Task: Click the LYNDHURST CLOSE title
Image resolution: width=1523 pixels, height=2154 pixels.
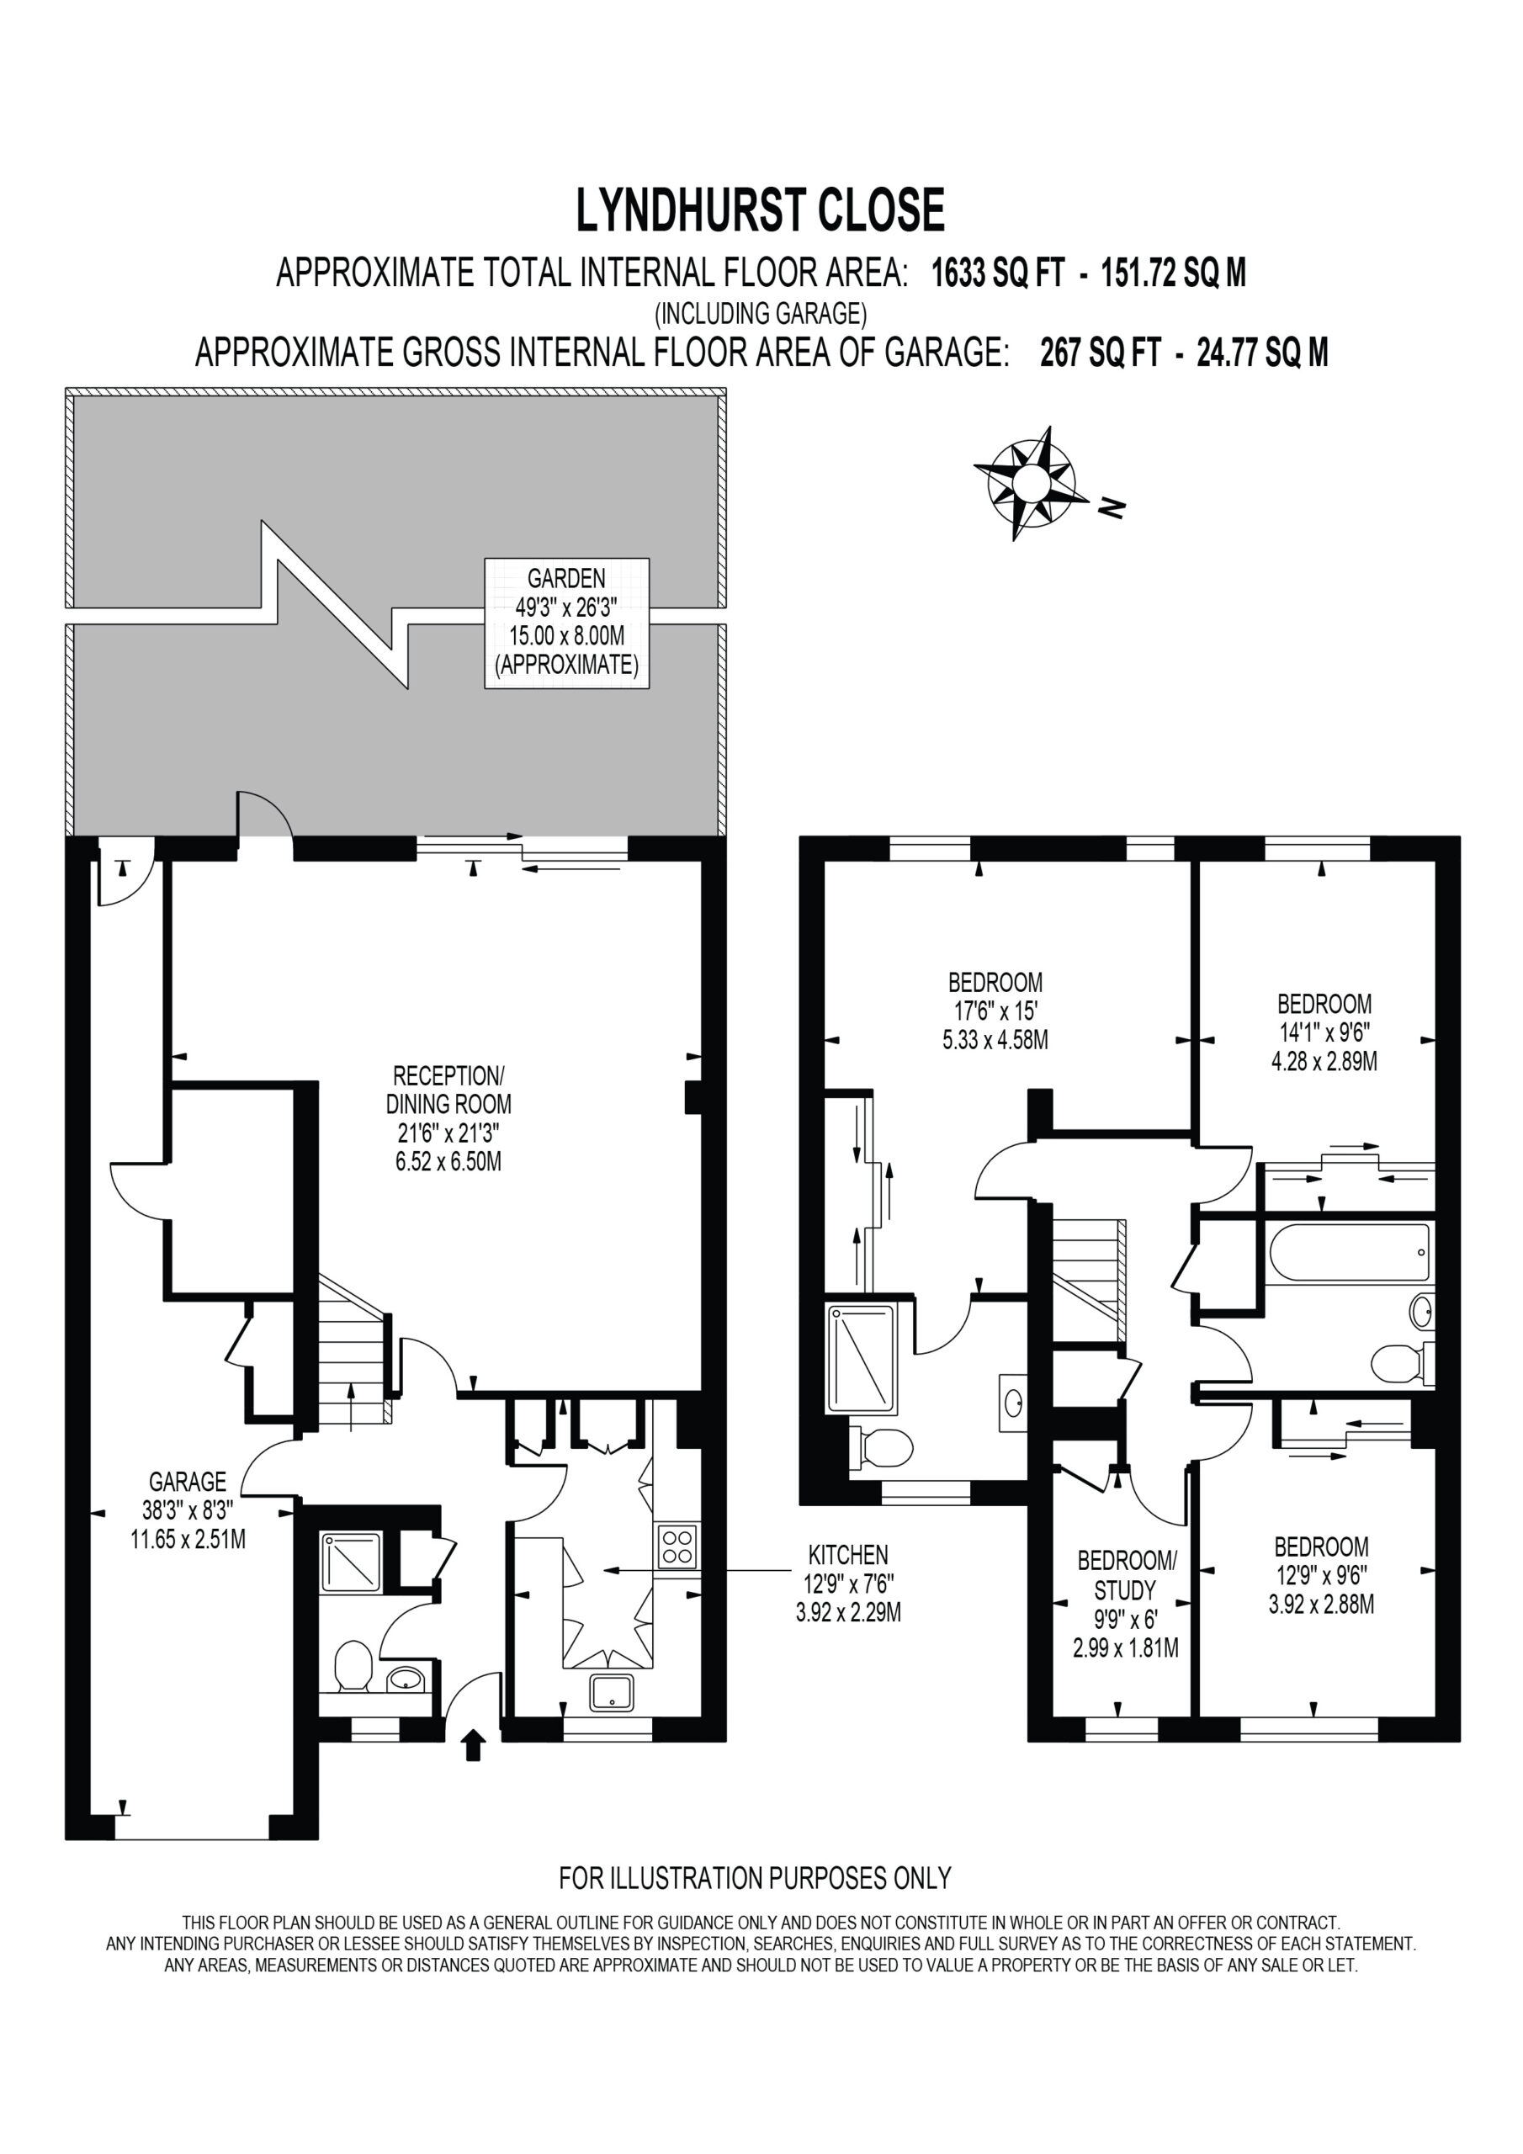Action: click(760, 210)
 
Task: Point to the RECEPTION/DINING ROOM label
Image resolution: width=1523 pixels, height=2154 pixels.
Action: click(448, 1090)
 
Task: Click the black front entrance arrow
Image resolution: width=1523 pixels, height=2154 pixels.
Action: click(473, 1745)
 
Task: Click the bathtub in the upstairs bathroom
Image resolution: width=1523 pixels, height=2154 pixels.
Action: click(1349, 1251)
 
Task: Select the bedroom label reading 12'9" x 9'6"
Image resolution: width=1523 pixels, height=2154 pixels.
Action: click(1321, 1575)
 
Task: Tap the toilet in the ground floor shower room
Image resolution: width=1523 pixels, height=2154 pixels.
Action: click(353, 1666)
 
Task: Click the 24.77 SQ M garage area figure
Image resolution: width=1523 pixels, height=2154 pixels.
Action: click(1262, 353)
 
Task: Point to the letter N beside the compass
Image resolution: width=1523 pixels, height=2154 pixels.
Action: click(1112, 507)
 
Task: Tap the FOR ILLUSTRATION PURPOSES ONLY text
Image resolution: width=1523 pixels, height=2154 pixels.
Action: click(756, 1878)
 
